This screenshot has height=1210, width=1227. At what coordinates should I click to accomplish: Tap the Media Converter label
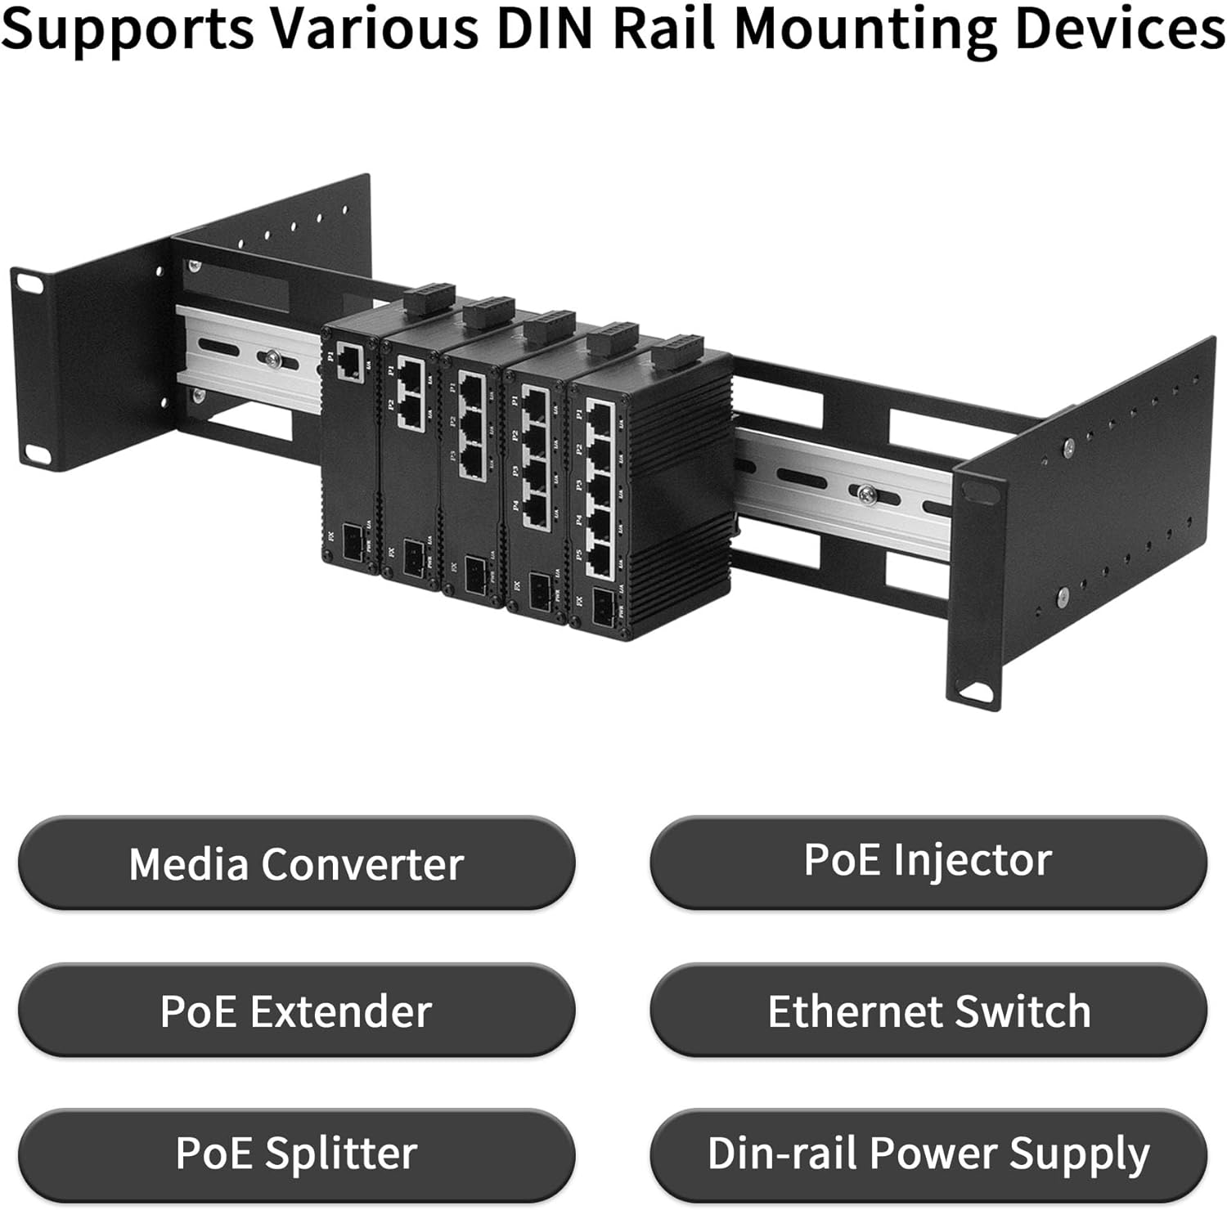coord(296,863)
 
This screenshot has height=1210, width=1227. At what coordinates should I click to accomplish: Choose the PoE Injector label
coord(928,860)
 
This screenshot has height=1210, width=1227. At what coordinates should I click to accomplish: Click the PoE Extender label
coord(296,1011)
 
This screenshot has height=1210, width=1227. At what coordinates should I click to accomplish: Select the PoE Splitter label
coord(296,1154)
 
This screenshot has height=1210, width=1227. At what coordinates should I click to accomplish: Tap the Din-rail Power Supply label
coord(928,1154)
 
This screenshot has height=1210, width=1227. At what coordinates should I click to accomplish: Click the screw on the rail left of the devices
coord(270,358)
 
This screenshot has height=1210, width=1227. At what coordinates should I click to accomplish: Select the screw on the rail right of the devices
coord(865,492)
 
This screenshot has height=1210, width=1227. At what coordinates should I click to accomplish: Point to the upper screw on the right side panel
coord(1068,446)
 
